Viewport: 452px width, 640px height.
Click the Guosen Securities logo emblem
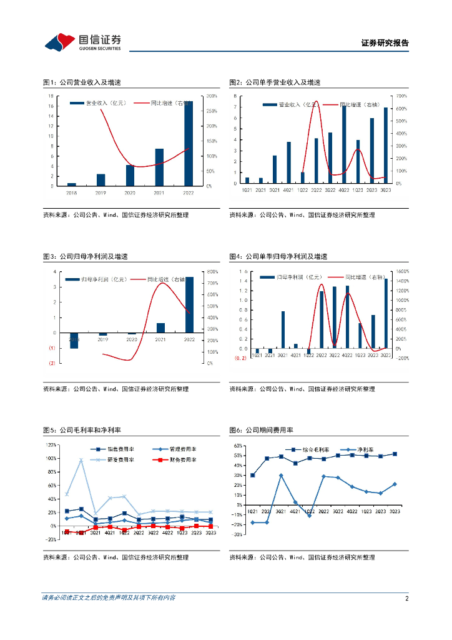[61, 42]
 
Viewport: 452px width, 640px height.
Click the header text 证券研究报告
[385, 44]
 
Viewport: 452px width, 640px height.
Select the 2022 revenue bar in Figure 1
[189, 143]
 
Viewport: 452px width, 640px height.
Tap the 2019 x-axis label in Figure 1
[101, 192]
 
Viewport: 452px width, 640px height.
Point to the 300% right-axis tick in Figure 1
[212, 96]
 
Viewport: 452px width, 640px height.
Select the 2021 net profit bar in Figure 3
[160, 327]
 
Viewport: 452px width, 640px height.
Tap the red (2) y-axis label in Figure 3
[52, 363]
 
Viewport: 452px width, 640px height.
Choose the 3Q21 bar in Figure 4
[283, 329]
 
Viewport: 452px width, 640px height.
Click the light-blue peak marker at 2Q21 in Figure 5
[81, 460]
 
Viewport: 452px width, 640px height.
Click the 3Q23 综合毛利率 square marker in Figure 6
[395, 454]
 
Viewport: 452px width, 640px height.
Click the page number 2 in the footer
[406, 598]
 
